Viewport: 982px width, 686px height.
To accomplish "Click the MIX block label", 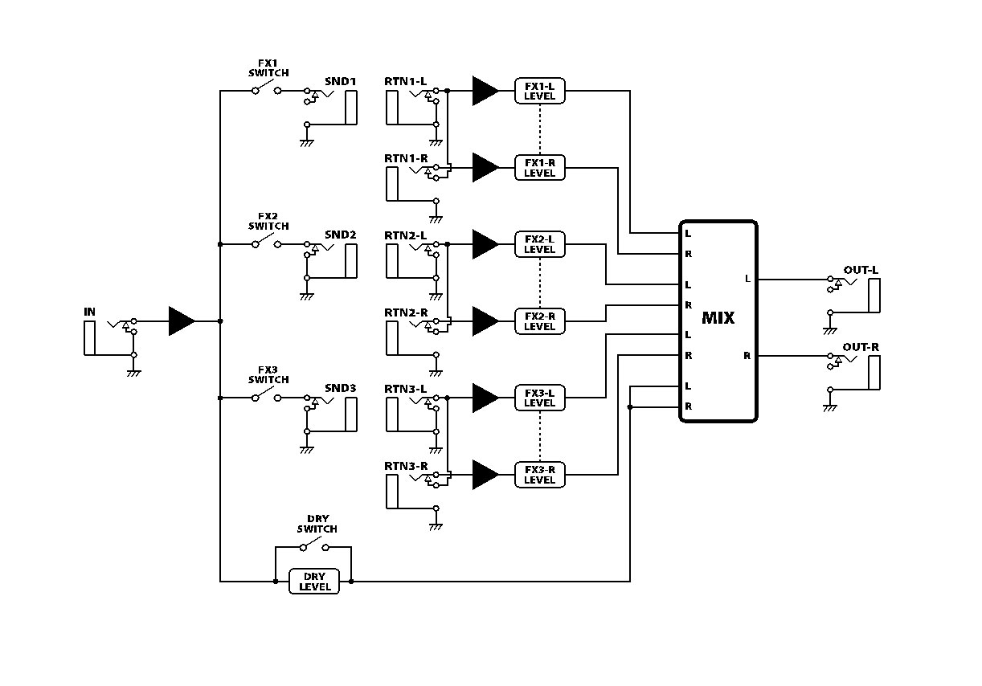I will [718, 318].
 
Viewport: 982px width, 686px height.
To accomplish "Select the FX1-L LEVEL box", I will [539, 91].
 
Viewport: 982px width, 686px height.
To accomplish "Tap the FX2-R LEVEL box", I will [539, 321].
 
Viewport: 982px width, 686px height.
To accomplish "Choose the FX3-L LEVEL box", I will [539, 398].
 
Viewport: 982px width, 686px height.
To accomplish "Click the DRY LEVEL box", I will [313, 582].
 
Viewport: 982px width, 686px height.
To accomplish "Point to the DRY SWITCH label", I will [317, 524].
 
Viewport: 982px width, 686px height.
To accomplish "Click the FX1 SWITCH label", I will [268, 67].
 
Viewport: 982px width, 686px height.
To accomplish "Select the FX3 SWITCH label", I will [268, 374].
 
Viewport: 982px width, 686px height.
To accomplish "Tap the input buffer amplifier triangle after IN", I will [181, 321].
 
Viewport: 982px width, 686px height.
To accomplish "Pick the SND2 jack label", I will [340, 235].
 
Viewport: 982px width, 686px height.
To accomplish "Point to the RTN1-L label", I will [405, 81].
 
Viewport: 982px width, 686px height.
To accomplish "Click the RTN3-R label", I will [405, 466].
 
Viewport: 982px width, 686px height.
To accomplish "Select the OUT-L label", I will [861, 270].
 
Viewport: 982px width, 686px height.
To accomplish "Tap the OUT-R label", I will [861, 347].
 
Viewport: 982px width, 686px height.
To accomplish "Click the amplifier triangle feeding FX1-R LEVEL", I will [485, 167].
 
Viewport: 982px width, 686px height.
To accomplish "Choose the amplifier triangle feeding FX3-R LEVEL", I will [485, 475].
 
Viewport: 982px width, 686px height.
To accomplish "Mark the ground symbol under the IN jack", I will [134, 373].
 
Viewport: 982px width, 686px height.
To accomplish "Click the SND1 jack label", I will [340, 81].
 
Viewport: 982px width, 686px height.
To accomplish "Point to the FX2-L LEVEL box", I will [539, 244].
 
